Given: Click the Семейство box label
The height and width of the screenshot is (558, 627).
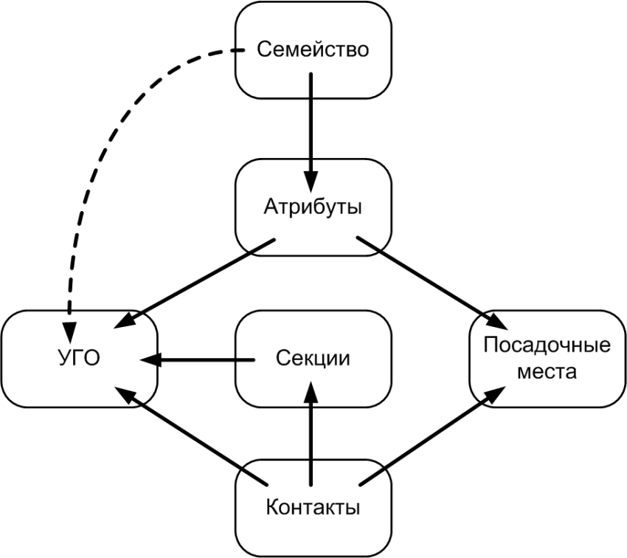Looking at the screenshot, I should pyautogui.click(x=312, y=50).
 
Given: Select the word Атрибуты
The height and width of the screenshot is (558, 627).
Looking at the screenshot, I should pyautogui.click(x=313, y=207).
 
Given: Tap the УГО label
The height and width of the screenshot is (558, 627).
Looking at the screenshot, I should pyautogui.click(x=79, y=359).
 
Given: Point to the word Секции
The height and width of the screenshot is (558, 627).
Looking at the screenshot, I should pyautogui.click(x=313, y=359).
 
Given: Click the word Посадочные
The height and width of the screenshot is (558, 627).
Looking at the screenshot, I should pyautogui.click(x=547, y=345).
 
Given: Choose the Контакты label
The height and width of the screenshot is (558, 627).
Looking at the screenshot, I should pyautogui.click(x=313, y=509).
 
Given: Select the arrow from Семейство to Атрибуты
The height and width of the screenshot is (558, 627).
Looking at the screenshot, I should pyautogui.click(x=311, y=125).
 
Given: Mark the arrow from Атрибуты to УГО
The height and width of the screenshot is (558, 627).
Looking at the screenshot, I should pyautogui.click(x=199, y=281).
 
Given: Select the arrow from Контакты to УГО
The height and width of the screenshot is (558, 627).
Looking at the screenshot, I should pyautogui.click(x=192, y=438).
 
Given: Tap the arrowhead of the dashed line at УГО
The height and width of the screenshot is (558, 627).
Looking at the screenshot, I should pyautogui.click(x=69, y=325).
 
